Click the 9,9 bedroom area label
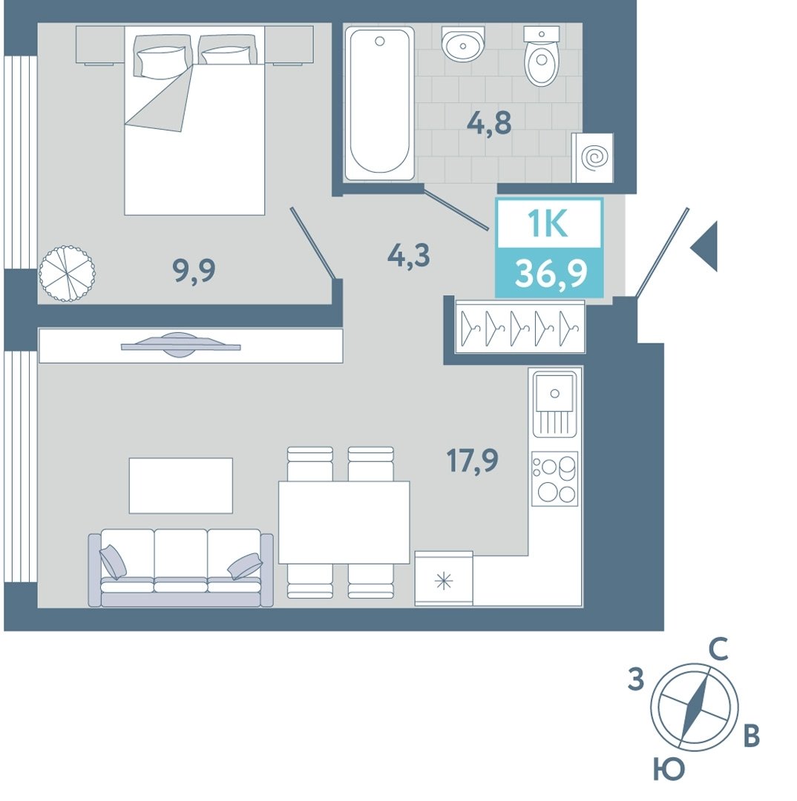(194, 271)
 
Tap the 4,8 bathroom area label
(489, 123)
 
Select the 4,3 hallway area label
(408, 255)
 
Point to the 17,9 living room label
(473, 461)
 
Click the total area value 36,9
(551, 274)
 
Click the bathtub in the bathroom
(379, 104)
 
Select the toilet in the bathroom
(542, 56)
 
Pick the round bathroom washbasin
(463, 44)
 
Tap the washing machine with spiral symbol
(592, 158)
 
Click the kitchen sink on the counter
(554, 404)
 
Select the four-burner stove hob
(554, 478)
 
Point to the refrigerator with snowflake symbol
(444, 578)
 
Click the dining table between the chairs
(344, 522)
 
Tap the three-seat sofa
(181, 568)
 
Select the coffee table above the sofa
(181, 485)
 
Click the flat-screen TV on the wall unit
(180, 345)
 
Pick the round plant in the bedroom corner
(67, 273)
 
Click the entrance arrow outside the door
(704, 246)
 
